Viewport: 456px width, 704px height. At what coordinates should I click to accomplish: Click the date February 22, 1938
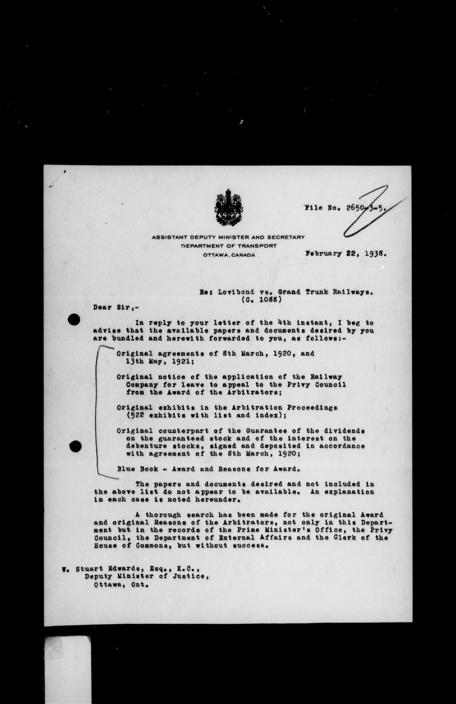point(346,254)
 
